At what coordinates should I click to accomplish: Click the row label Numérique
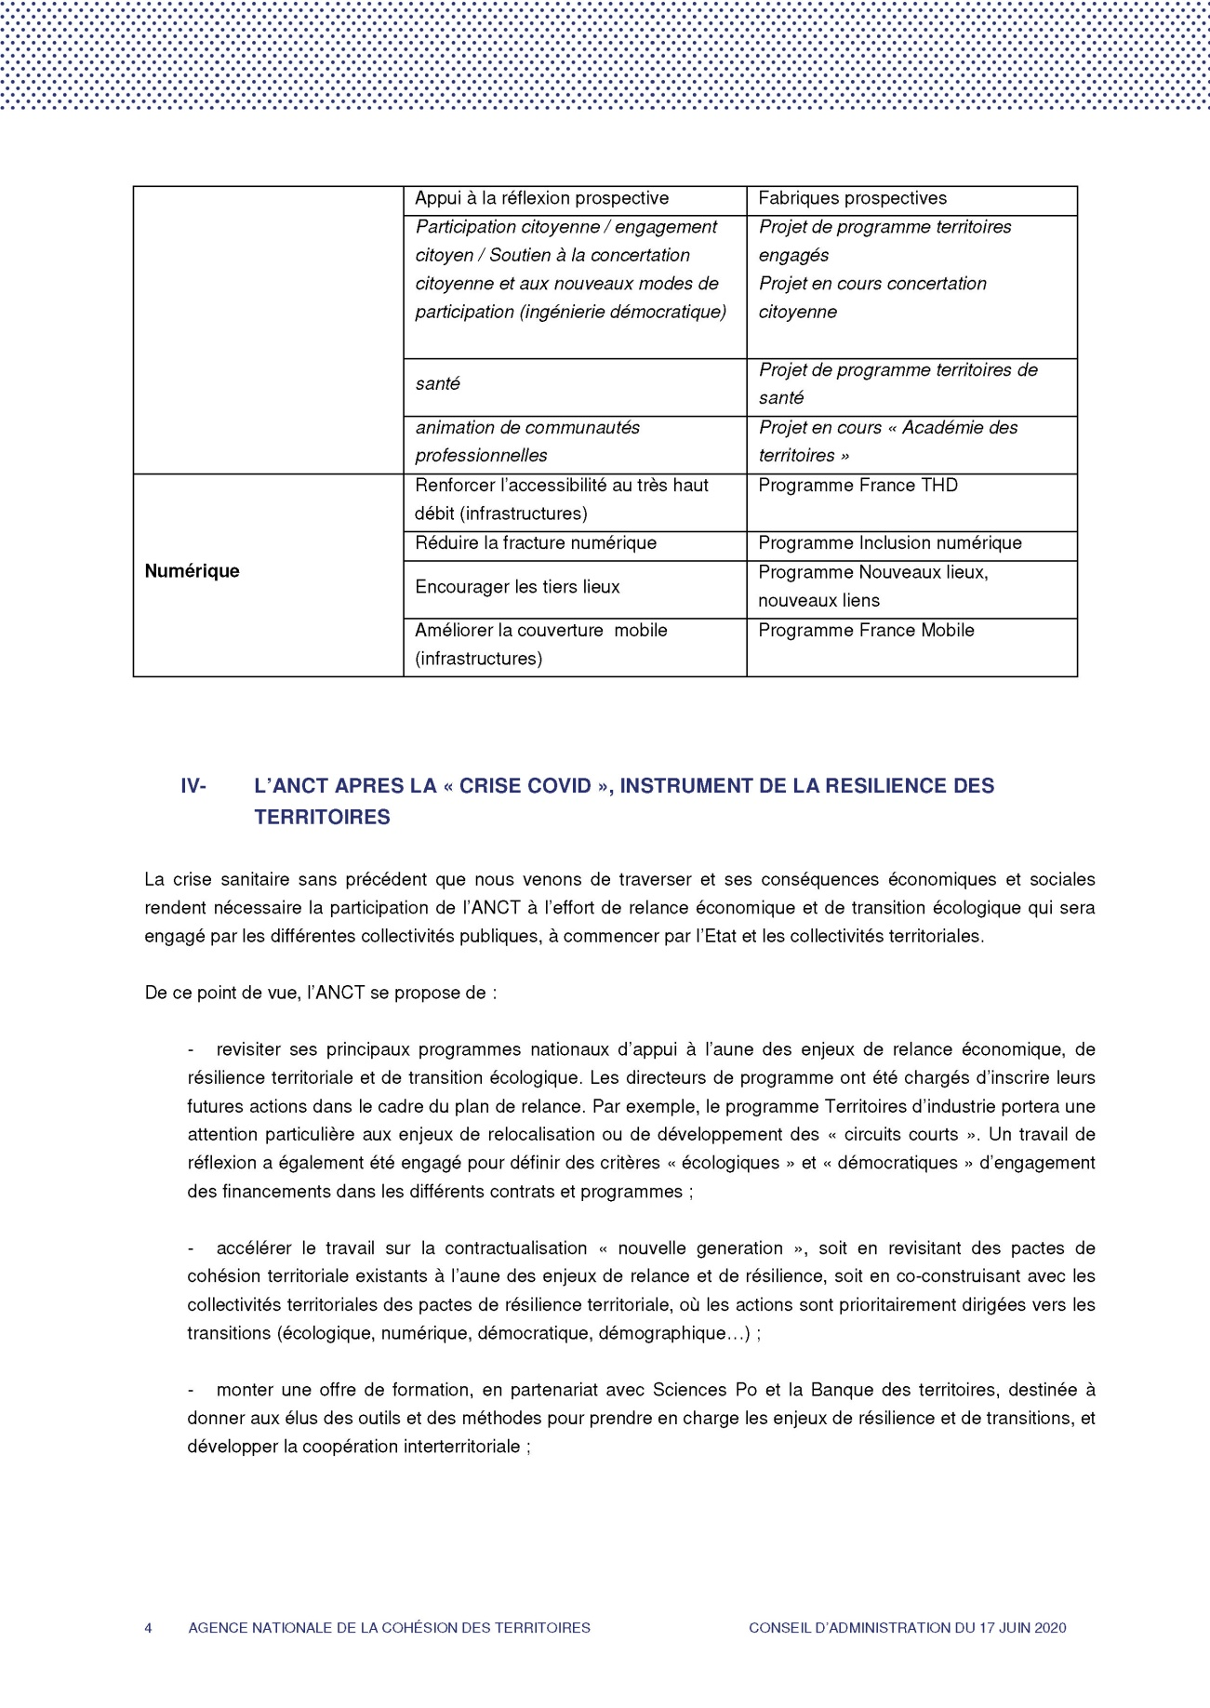pyautogui.click(x=192, y=571)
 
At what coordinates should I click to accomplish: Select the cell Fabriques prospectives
pyautogui.click(x=852, y=198)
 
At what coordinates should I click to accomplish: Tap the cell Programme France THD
pyautogui.click(x=858, y=486)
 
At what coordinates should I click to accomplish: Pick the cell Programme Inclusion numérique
pyautogui.click(x=889, y=543)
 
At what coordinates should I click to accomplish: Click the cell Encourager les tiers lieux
pyautogui.click(x=517, y=587)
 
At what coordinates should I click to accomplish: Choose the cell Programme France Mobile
pyautogui.click(x=866, y=631)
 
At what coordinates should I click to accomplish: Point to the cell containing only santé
pyautogui.click(x=437, y=384)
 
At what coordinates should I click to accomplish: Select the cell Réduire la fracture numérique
pyautogui.click(x=536, y=543)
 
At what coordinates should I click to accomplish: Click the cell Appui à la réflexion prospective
pyautogui.click(x=541, y=198)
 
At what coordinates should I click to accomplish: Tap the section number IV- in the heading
pyautogui.click(x=193, y=786)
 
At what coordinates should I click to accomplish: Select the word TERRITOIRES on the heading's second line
pyautogui.click(x=322, y=818)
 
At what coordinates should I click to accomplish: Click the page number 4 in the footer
pyautogui.click(x=148, y=1628)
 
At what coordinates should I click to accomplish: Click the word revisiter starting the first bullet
pyautogui.click(x=248, y=1050)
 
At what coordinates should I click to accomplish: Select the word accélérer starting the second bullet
pyautogui.click(x=253, y=1248)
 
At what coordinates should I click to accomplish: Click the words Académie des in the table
pyautogui.click(x=960, y=428)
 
